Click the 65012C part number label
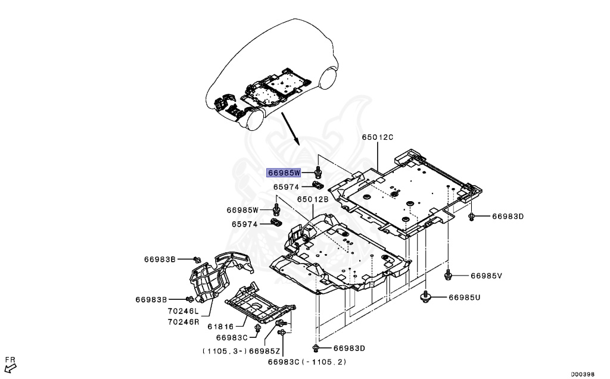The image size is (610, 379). click(x=378, y=137)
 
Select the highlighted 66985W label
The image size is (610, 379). click(x=285, y=173)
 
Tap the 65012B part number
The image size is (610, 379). click(x=313, y=199)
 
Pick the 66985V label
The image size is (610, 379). click(x=487, y=275)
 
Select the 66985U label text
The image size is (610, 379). click(x=464, y=297)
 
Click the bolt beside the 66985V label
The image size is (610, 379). click(x=449, y=274)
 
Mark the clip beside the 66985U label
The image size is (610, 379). click(x=427, y=296)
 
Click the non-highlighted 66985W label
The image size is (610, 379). click(x=242, y=209)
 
